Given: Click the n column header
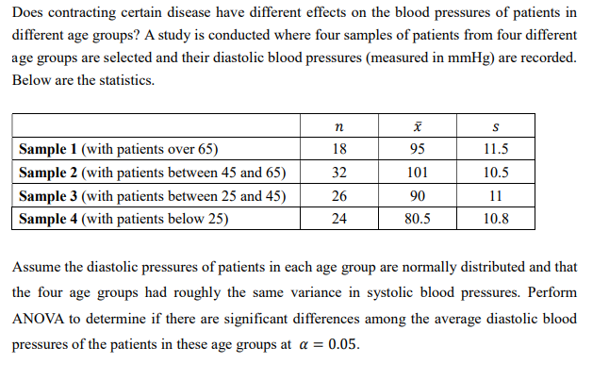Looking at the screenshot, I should [x=339, y=125].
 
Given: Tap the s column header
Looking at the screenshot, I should [x=496, y=125].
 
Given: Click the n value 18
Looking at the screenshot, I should [x=339, y=149].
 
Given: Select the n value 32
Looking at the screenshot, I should [x=339, y=173].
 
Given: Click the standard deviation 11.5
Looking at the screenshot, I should [x=496, y=149].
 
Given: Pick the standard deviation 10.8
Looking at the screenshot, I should [x=496, y=219].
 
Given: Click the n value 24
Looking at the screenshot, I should [x=339, y=219].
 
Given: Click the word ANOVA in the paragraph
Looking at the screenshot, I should [x=41, y=319].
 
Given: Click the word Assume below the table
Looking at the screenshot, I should [x=37, y=268].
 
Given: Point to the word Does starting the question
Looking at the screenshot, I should [x=27, y=13].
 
